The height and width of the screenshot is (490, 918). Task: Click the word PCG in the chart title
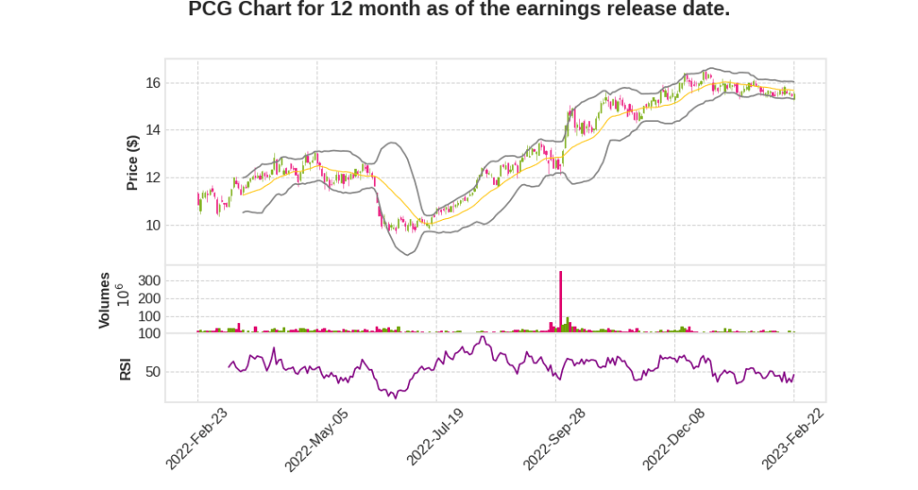(210, 10)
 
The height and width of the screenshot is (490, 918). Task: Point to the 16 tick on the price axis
(152, 83)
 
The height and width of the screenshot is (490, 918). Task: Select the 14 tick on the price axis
(152, 130)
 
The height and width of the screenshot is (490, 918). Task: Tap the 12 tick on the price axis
(152, 178)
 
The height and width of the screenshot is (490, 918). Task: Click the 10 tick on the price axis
(152, 225)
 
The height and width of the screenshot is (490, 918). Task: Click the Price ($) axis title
(133, 162)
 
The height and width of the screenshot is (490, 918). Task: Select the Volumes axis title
(105, 300)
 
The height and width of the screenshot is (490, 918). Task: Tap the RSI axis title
(126, 369)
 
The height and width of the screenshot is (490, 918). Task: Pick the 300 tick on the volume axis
(150, 281)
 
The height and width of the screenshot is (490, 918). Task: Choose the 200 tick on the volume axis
(150, 299)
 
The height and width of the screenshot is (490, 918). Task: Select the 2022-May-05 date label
(316, 440)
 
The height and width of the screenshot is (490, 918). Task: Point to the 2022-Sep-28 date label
(554, 440)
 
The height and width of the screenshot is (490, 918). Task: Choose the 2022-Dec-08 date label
(673, 440)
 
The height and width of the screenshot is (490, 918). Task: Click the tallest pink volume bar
(560, 302)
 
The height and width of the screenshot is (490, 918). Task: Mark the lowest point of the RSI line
(394, 398)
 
